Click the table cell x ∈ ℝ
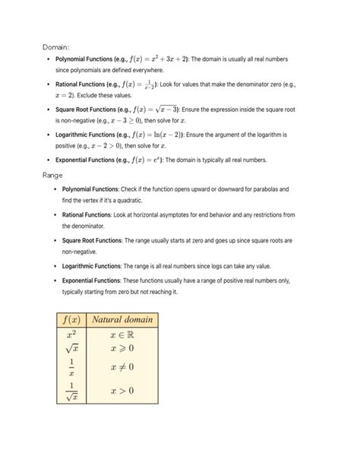coord(122,334)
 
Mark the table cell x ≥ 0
coord(122,348)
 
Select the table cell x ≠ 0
coord(122,367)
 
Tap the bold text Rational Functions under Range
coord(87,215)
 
